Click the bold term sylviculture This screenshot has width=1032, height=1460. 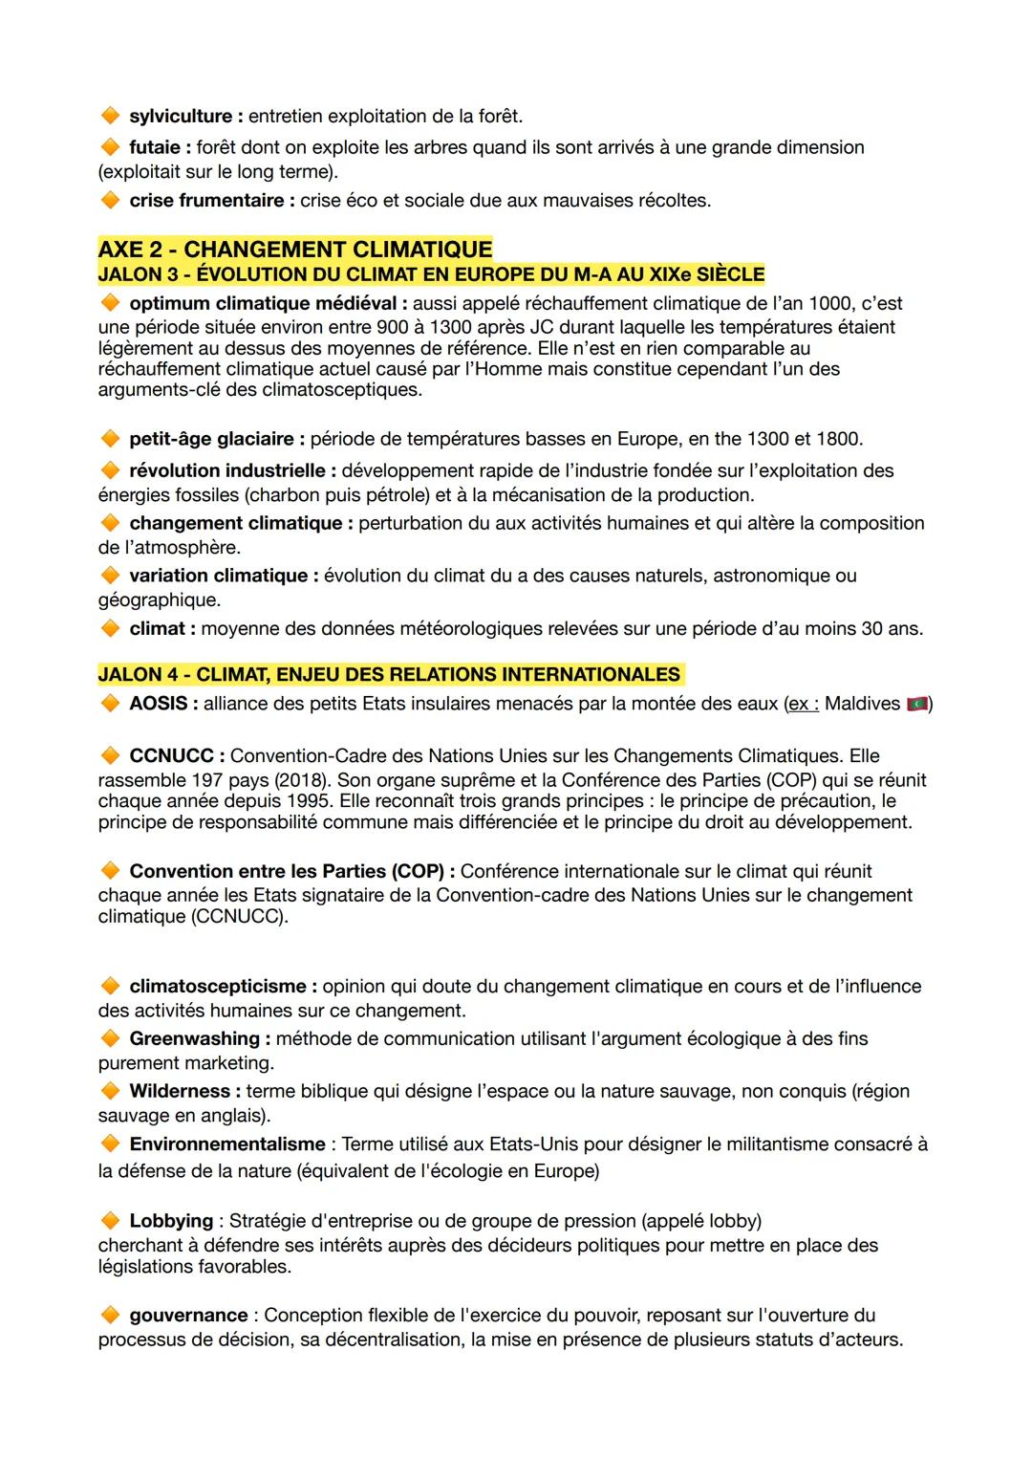[x=181, y=117]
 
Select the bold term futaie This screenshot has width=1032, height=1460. [x=159, y=147]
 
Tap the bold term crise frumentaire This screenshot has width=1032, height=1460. [x=206, y=201]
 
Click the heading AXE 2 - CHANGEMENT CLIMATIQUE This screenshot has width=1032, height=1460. [x=295, y=250]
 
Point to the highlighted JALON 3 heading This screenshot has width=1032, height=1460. [x=431, y=274]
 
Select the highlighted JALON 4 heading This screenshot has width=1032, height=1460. [x=389, y=674]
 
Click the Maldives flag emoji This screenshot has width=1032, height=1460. [x=917, y=705]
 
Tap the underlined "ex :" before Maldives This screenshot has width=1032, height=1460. [x=802, y=705]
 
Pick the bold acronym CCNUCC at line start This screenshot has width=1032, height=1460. [x=172, y=756]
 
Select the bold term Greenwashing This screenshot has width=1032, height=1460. [x=194, y=1038]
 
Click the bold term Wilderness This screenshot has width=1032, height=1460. [x=180, y=1091]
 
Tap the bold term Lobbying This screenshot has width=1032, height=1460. [x=171, y=1221]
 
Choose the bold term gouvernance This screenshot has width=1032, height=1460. [x=188, y=1316]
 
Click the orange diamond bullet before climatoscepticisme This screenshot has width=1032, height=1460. [x=110, y=986]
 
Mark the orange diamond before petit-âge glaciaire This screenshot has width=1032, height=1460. [x=110, y=439]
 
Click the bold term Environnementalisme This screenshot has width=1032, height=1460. [x=227, y=1144]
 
